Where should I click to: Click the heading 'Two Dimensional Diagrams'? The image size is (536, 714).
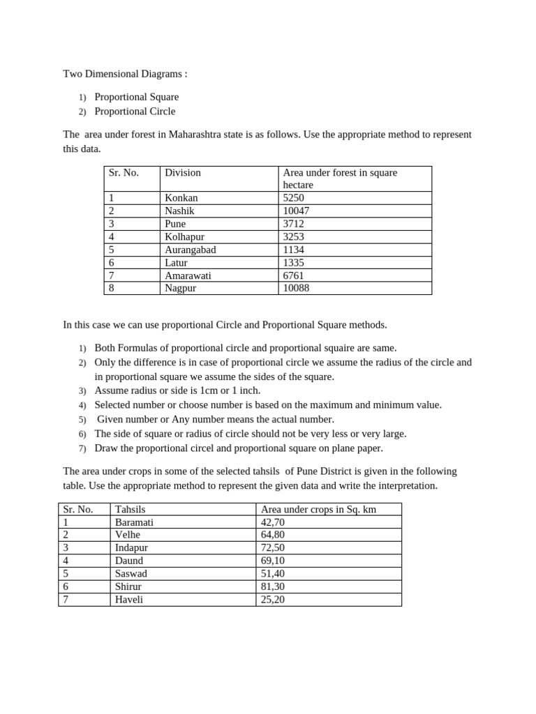tap(125, 73)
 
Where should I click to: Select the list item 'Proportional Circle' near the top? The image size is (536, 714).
tap(135, 111)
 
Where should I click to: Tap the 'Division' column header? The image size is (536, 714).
tap(183, 172)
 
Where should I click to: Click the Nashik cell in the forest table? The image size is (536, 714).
tap(179, 211)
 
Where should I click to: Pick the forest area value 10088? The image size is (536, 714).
tap(296, 288)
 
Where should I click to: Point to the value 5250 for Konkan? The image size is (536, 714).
tap(293, 198)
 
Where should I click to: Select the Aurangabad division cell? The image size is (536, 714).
tap(190, 250)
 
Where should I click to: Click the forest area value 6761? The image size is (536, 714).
tap(293, 275)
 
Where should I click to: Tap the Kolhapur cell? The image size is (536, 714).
tap(184, 237)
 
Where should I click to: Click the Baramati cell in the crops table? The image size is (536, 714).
tap(134, 522)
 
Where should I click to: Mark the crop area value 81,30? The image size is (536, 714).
tap(273, 586)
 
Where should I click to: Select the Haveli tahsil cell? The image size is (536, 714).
tap(129, 599)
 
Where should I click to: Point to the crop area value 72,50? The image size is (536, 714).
tap(273, 547)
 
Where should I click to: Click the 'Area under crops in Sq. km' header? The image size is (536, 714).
tap(318, 509)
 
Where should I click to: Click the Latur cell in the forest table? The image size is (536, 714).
tap(177, 262)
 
